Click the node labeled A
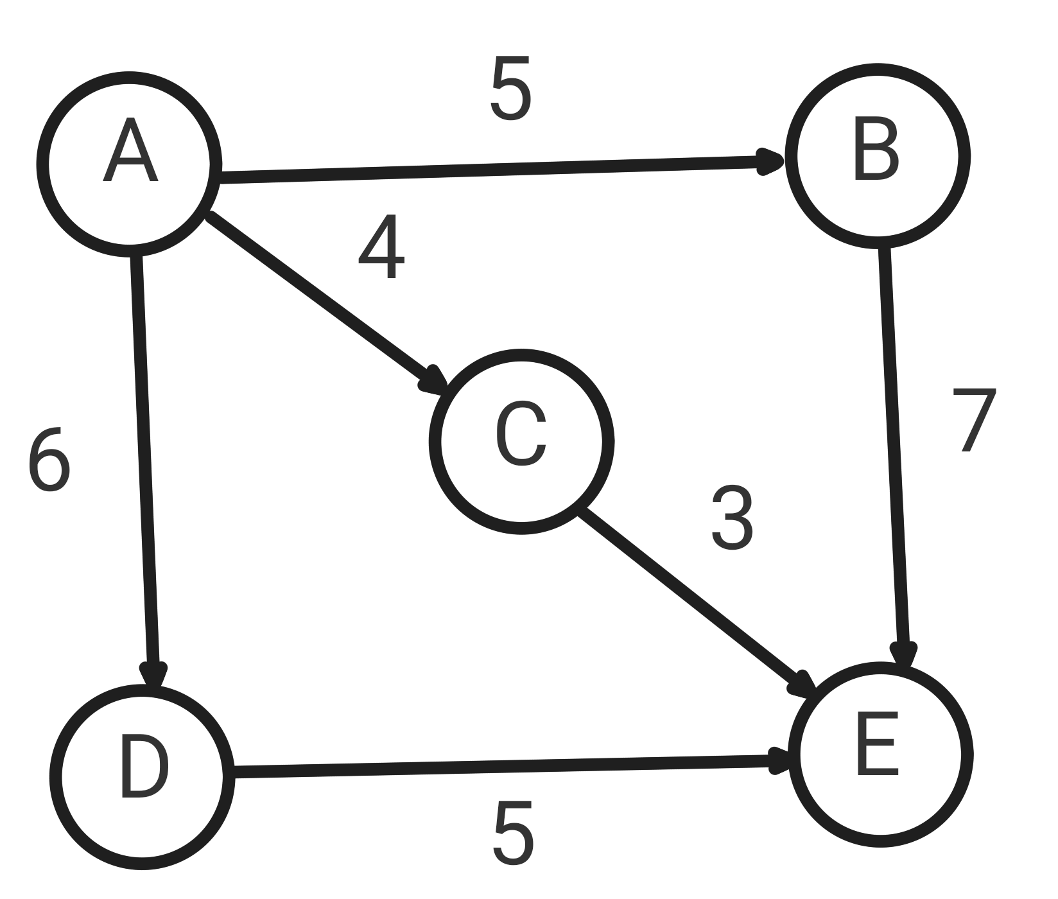click(x=129, y=164)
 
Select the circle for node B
click(x=877, y=155)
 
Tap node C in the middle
click(x=521, y=442)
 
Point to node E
click(x=880, y=755)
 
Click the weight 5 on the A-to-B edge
click(x=511, y=88)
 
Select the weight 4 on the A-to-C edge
click(x=381, y=247)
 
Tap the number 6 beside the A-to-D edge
click(x=49, y=460)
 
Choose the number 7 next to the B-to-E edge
click(x=974, y=420)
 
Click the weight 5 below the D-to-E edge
click(x=513, y=834)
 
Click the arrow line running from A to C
click(x=321, y=299)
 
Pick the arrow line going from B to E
click(x=895, y=449)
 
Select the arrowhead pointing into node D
click(x=153, y=676)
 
